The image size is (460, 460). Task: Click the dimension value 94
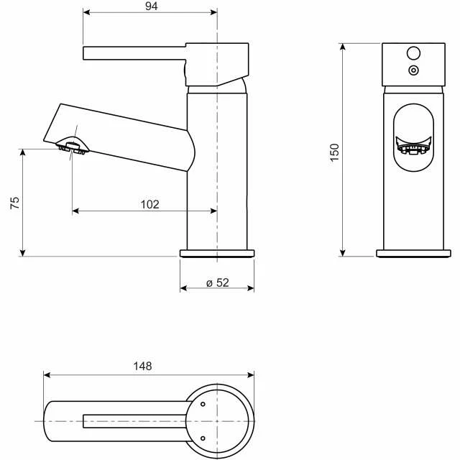click(x=149, y=6)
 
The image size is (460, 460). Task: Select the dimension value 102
click(x=149, y=204)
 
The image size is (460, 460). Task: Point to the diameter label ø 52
click(x=217, y=282)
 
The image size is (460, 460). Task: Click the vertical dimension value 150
click(x=334, y=152)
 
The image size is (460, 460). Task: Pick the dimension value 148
click(x=142, y=366)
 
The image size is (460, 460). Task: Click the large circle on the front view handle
click(x=413, y=53)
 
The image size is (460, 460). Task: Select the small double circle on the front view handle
click(x=413, y=70)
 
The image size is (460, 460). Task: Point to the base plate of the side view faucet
click(x=216, y=253)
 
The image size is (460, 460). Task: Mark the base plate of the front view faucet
click(x=415, y=253)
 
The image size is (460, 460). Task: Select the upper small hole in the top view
click(x=203, y=405)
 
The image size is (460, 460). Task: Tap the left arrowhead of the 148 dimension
click(x=47, y=374)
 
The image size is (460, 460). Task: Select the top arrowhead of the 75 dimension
click(x=24, y=152)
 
